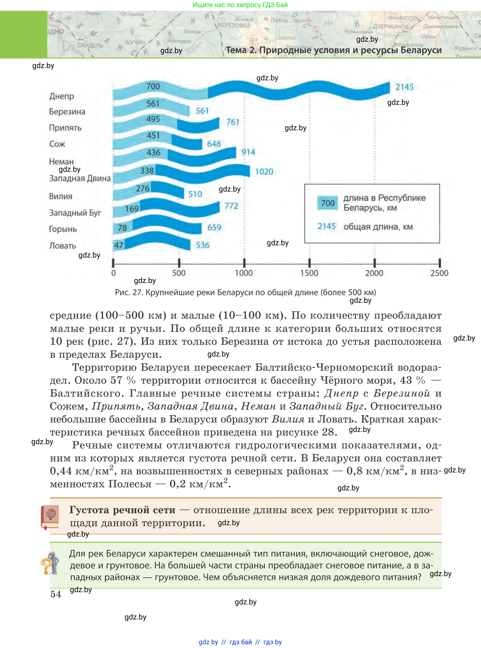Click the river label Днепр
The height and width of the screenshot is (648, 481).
[61, 96]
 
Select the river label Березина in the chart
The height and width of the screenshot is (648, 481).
[67, 112]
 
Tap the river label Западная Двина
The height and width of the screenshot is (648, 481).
[80, 178]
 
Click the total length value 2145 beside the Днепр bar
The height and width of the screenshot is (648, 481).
[404, 87]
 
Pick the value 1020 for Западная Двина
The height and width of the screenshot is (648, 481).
[264, 172]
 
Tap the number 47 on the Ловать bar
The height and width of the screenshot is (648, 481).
[118, 245]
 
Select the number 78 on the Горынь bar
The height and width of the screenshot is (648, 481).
[122, 228]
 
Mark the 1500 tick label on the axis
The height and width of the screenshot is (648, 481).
[309, 273]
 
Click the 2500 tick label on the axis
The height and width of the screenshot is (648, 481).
[439, 273]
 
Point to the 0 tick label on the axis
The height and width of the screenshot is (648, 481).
[113, 273]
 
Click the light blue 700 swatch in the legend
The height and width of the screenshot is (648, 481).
[327, 203]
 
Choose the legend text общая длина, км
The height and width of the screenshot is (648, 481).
[378, 227]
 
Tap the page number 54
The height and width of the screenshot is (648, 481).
[56, 594]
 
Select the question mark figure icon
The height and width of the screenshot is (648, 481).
[50, 563]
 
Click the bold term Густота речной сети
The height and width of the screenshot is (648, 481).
[122, 510]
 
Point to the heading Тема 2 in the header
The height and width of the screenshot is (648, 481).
[241, 50]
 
